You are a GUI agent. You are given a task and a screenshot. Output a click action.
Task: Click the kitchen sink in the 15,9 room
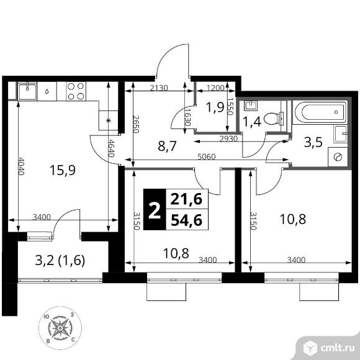pyautogui.click(x=28, y=91)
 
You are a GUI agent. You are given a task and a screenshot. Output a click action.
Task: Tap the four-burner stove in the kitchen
pyautogui.click(x=76, y=92)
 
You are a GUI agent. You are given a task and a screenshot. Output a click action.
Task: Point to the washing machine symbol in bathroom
pyautogui.click(x=338, y=157)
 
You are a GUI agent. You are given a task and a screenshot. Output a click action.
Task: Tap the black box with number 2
pyautogui.click(x=155, y=209)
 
